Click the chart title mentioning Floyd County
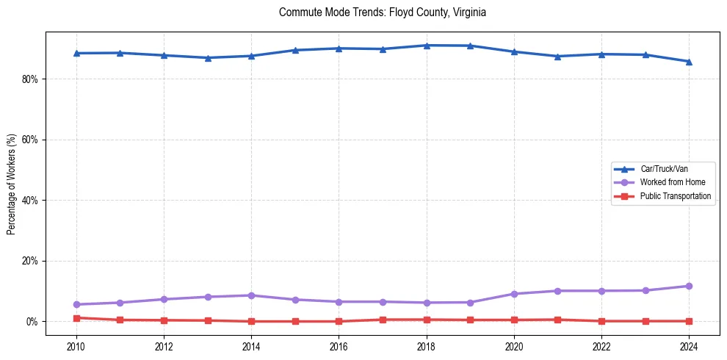point(383,12)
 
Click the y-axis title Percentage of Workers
point(11,184)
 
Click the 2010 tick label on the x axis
point(76,346)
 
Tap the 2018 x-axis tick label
point(427,346)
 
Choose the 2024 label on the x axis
point(689,346)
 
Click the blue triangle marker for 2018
point(427,46)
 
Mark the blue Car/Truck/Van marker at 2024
point(689,62)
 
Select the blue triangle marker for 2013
point(208,58)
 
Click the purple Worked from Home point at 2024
point(689,286)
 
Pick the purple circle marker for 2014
point(251,295)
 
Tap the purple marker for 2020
point(514,294)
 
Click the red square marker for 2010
point(76,318)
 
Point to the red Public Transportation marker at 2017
point(383,320)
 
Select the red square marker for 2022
point(601,321)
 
